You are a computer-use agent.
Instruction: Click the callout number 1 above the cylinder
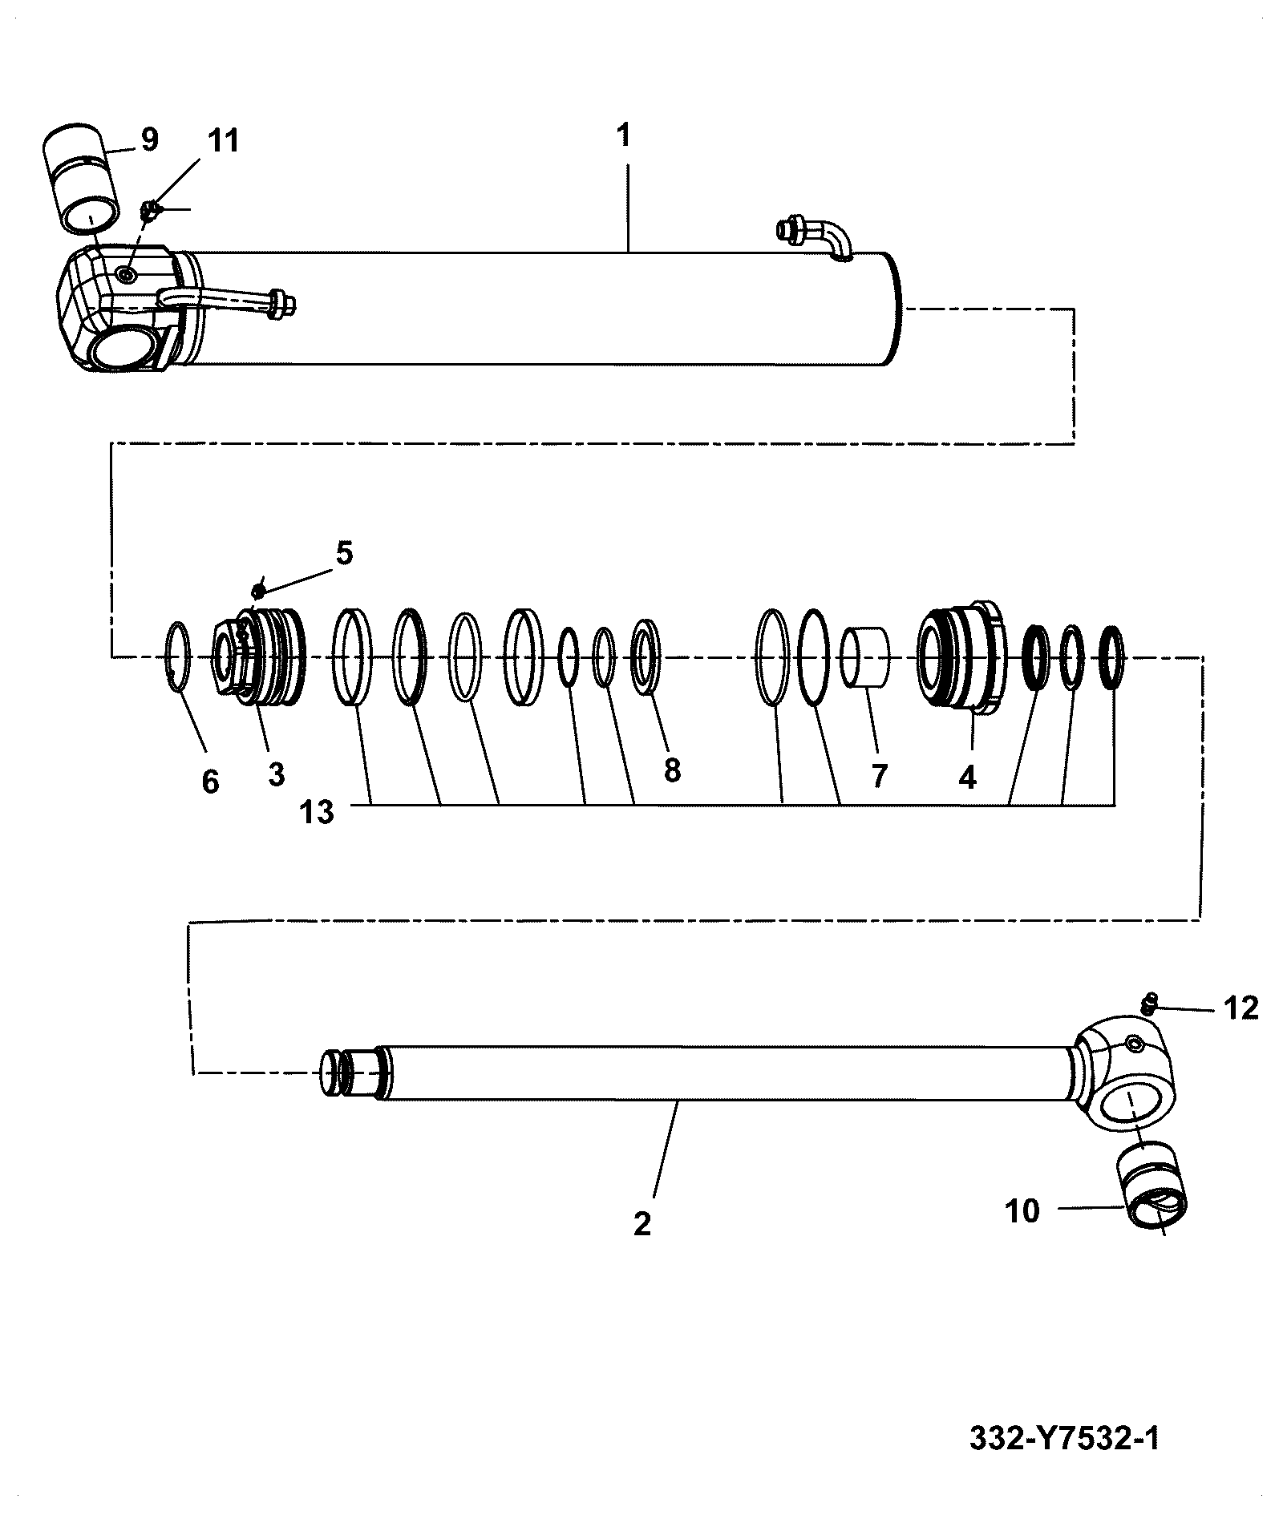624,135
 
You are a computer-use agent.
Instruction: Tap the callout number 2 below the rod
642,1224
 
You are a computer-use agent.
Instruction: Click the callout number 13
317,813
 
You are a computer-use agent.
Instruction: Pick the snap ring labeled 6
179,656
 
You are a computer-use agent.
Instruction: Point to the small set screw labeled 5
258,592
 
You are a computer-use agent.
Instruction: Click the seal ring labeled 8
646,656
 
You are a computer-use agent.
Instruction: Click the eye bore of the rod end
1134,1106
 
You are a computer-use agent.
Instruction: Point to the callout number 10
1022,1210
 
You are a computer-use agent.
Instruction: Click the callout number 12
1241,1008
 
